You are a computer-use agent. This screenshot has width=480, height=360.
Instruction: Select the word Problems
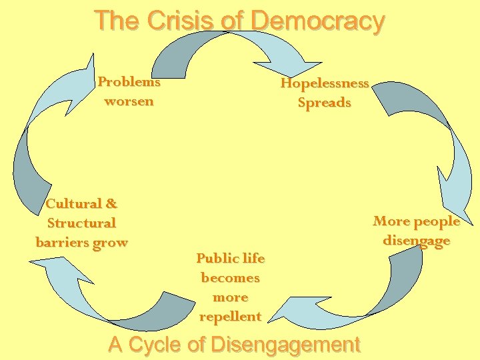pyautogui.click(x=129, y=82)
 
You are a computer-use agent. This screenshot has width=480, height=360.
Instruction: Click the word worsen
pyautogui.click(x=129, y=101)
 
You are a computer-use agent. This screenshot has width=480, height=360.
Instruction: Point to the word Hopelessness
pyautogui.click(x=325, y=83)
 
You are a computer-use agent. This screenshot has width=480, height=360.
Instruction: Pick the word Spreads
pyautogui.click(x=324, y=103)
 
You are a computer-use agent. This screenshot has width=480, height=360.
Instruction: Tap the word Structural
pyautogui.click(x=81, y=223)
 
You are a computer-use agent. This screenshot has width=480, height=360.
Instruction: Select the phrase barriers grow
pyautogui.click(x=81, y=242)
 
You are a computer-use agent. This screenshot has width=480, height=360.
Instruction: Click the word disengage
pyautogui.click(x=417, y=240)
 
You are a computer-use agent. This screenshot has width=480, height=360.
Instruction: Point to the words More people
pyautogui.click(x=417, y=221)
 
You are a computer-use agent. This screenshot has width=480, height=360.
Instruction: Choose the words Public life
pyautogui.click(x=230, y=258)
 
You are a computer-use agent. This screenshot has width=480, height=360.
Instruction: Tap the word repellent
pyautogui.click(x=230, y=316)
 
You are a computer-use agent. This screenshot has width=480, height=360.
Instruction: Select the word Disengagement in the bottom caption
pyautogui.click(x=285, y=345)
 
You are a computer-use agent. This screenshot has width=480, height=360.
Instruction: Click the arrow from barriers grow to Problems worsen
pyautogui.click(x=40, y=133)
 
